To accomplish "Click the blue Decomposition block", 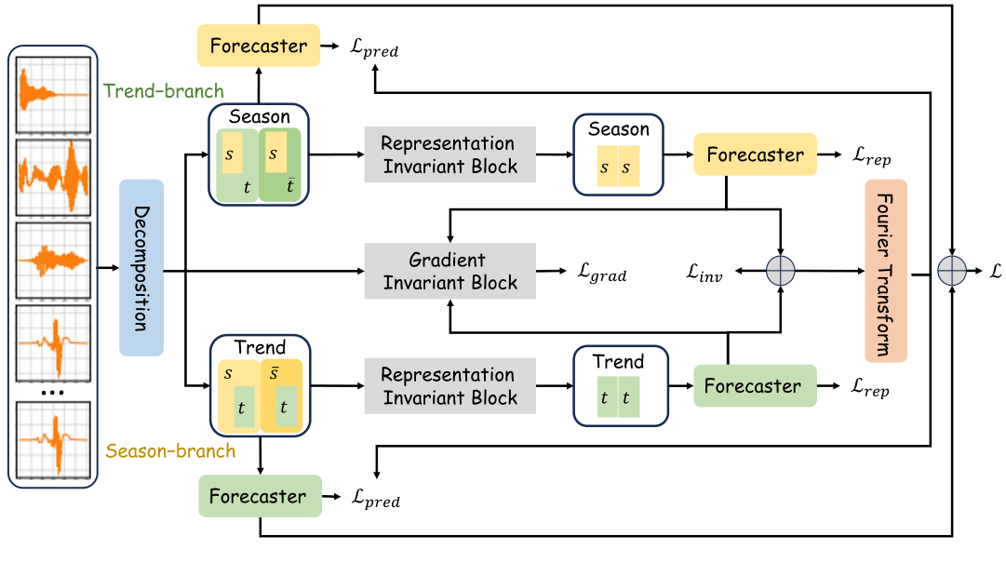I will tap(141, 268).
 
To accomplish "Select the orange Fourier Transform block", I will tap(885, 270).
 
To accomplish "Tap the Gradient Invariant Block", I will tap(449, 271).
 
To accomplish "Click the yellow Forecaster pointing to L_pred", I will tap(258, 46).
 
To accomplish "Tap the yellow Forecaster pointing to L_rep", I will tap(755, 154).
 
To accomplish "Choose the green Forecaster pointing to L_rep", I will tap(754, 385).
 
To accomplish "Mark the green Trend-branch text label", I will tap(164, 91).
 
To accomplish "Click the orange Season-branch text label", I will tap(170, 451).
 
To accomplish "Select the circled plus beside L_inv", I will tap(780, 271).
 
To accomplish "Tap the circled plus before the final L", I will tap(952, 270).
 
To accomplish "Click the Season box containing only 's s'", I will tap(618, 154).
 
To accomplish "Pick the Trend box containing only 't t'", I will tap(618, 385).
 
